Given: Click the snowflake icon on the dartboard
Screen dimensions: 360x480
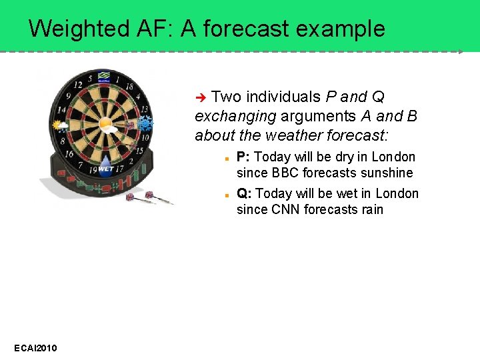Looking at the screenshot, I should point(145,124).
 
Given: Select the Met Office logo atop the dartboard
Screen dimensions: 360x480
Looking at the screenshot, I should point(104,77).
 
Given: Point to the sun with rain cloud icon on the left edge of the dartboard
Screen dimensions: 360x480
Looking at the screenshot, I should point(61,125).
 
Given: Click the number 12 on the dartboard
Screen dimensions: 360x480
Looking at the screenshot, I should point(78,85).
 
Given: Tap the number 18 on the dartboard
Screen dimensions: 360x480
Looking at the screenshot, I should point(129,86).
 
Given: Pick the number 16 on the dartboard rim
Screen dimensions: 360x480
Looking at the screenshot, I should point(69,153).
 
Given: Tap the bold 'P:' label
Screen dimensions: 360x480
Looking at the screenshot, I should point(244,157).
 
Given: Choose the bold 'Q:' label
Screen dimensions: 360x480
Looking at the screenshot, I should point(245,194).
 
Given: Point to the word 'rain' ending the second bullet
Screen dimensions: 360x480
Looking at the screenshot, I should point(371,210).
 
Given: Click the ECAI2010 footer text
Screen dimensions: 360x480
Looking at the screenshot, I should point(35,349).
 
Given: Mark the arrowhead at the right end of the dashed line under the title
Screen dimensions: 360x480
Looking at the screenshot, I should point(461,51).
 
